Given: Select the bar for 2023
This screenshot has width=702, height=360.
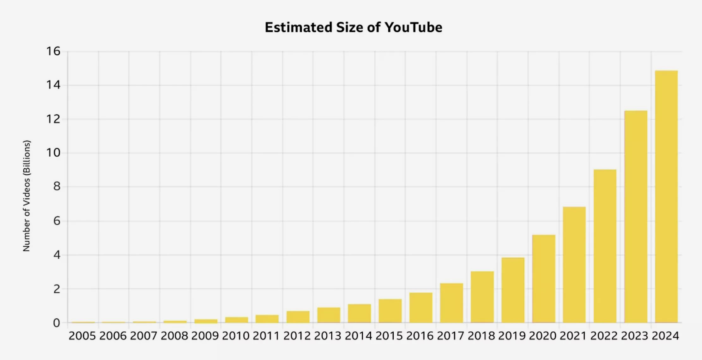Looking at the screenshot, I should click(x=636, y=217).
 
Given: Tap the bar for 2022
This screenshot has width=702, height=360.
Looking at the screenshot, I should click(x=605, y=246).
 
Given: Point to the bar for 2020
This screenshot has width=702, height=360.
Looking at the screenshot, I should click(x=544, y=279).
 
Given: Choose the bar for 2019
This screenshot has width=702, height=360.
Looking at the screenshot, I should click(x=513, y=290).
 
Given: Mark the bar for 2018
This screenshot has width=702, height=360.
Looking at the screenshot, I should click(x=482, y=297).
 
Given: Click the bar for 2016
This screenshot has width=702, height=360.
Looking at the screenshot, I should click(x=421, y=308).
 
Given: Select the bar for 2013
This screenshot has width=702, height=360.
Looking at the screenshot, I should click(x=329, y=315).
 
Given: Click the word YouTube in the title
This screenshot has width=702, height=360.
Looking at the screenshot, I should click(x=413, y=27).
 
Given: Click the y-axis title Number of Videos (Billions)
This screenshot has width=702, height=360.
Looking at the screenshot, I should click(x=27, y=196).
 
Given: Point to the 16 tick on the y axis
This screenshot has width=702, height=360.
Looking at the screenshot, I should click(x=53, y=51).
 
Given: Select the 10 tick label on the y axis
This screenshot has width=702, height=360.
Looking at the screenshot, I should click(x=53, y=153).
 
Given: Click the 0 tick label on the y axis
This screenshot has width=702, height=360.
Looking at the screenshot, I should click(x=56, y=323).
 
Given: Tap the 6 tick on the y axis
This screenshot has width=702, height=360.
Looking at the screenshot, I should click(x=57, y=221).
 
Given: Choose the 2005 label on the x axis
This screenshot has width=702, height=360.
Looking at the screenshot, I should click(x=82, y=336).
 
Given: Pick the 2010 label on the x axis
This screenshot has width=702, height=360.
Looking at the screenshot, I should click(x=236, y=336).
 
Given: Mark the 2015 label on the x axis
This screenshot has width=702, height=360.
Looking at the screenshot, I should click(x=389, y=336).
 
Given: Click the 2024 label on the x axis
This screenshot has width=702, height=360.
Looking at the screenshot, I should click(x=665, y=336).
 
